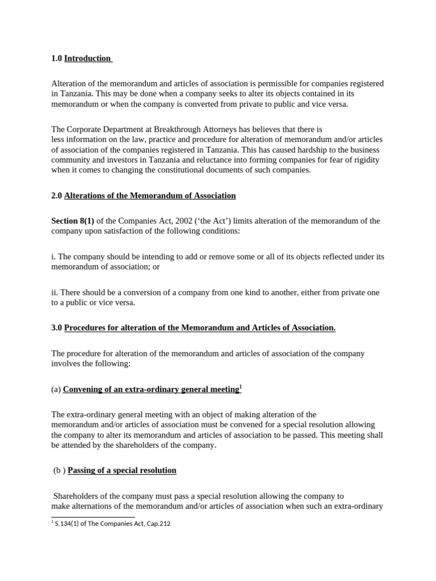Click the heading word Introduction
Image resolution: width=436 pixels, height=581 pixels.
tap(87, 58)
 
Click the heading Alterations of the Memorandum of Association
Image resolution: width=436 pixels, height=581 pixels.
tap(150, 196)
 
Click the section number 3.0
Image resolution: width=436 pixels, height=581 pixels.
tap(56, 328)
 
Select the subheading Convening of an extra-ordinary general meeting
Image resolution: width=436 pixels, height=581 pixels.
tap(150, 389)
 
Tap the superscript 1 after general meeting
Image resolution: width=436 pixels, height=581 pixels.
tap(240, 387)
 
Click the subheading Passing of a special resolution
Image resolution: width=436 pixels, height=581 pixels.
tap(122, 470)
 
